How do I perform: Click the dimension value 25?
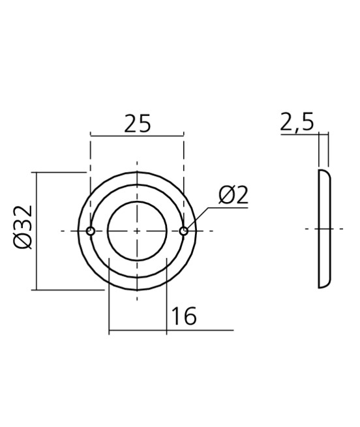(137, 123)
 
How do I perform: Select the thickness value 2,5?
(297, 123)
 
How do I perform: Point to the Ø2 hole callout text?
(233, 195)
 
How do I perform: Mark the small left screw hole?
(91, 231)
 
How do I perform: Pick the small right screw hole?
(184, 230)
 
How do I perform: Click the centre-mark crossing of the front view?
(137, 231)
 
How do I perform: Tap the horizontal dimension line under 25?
(137, 136)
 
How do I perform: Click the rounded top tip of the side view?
(322, 171)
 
